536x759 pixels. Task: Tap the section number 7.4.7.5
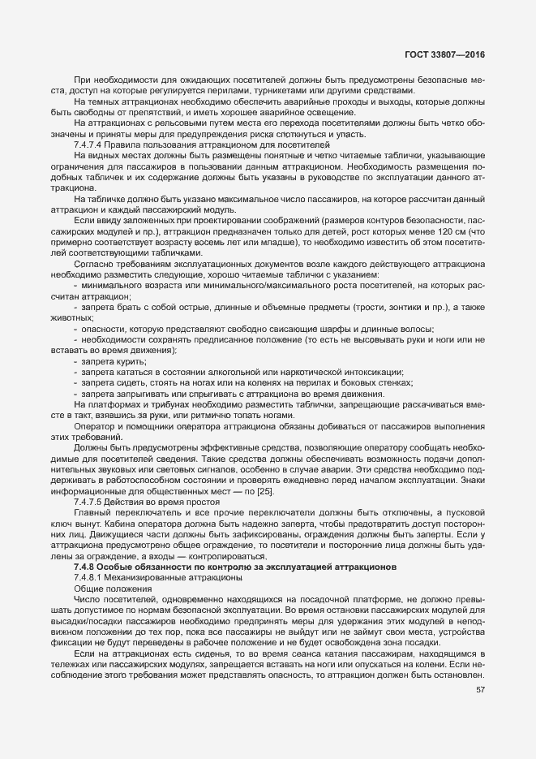coord(90,501)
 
